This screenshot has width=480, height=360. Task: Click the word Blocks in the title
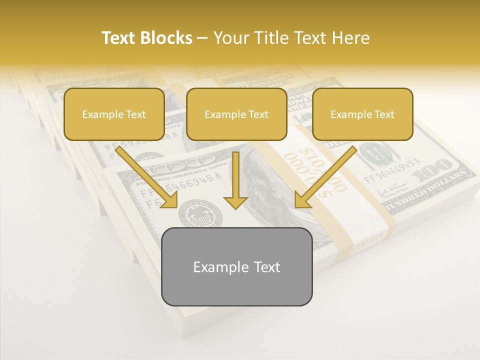coord(166,38)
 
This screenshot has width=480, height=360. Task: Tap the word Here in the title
coord(349,38)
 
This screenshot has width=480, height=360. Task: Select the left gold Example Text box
coord(114,114)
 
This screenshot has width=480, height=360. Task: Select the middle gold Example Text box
coord(236,114)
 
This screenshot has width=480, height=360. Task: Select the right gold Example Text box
coord(362,114)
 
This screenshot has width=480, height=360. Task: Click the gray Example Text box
coord(236,266)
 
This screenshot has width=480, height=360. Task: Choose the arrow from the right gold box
coord(325,177)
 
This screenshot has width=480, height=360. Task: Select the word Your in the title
coord(231,38)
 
